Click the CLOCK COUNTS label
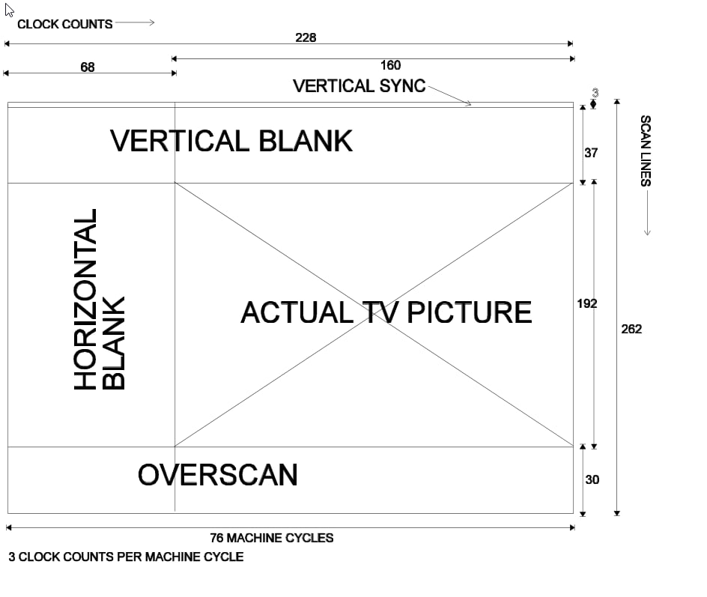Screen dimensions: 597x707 tap(64, 24)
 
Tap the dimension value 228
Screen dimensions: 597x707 tap(306, 37)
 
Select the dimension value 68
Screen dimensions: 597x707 tap(88, 67)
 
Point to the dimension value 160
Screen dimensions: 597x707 tap(390, 65)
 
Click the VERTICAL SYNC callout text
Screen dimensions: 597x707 tap(359, 86)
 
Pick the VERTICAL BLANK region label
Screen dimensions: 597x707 tap(231, 141)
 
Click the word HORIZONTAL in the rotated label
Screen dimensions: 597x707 tap(86, 300)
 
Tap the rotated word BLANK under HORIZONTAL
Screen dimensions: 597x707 tap(113, 343)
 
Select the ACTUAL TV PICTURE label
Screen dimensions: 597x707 tap(386, 312)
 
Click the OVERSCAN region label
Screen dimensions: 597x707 tap(217, 475)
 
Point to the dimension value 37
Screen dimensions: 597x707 tap(591, 153)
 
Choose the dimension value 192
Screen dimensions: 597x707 tap(587, 303)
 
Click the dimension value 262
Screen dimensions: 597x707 tap(631, 329)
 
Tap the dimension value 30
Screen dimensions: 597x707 tap(592, 479)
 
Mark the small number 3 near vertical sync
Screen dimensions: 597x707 tap(595, 93)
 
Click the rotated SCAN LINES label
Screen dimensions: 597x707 tap(645, 151)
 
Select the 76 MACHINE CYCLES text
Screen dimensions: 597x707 tap(272, 538)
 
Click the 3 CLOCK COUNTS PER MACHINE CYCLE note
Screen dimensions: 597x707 tap(126, 557)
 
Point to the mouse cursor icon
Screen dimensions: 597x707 tap(9, 9)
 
